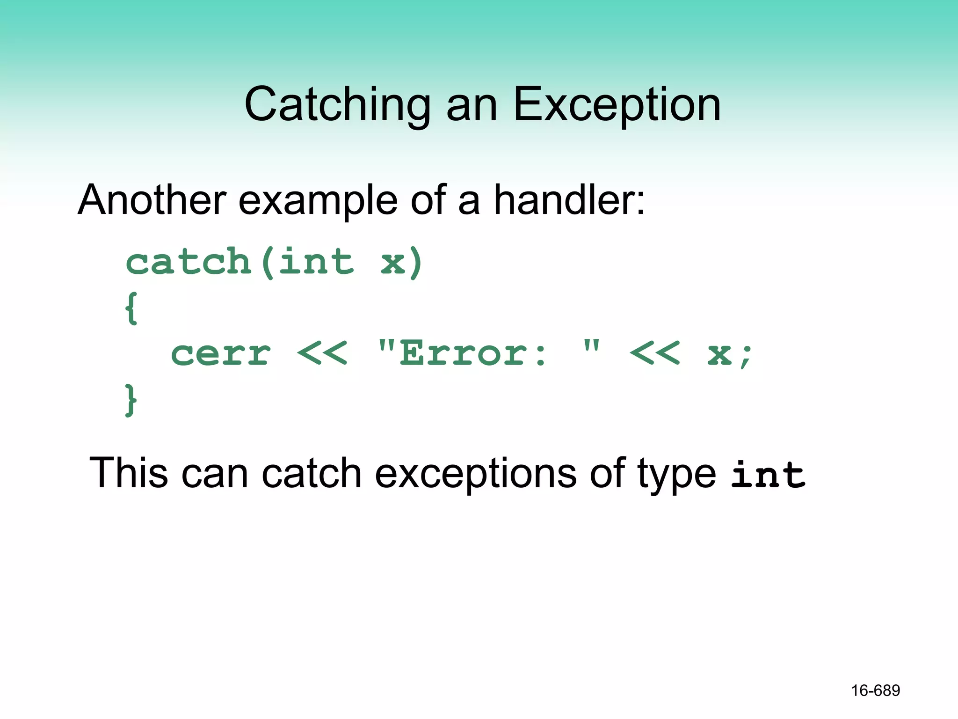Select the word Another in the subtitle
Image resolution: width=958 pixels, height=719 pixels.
point(152,200)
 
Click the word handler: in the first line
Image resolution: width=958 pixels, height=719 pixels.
point(569,200)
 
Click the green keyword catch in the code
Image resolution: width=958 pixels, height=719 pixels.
point(189,262)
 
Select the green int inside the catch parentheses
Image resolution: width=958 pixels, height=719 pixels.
point(316,262)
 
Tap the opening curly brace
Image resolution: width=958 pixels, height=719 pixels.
point(131,308)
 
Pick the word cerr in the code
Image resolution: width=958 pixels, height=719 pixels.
point(221,354)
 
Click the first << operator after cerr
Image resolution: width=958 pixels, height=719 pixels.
point(322,354)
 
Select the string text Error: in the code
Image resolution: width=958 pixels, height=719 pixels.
point(472,354)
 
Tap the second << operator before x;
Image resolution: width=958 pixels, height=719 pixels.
point(654,354)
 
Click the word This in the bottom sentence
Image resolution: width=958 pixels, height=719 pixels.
point(128,473)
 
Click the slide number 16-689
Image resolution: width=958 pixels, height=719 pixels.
point(875,690)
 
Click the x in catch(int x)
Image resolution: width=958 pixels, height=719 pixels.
point(392,263)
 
